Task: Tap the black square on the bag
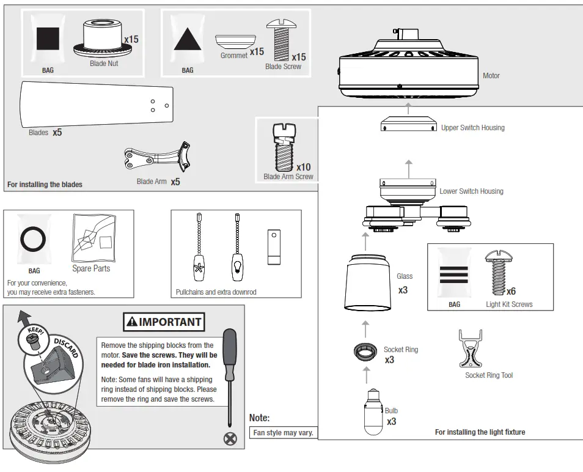click(48, 39)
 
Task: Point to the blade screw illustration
click(280, 40)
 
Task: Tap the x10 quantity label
click(303, 167)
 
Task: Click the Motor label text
click(491, 76)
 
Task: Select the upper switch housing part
click(408, 125)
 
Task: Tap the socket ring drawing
click(365, 353)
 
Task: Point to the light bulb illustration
click(373, 413)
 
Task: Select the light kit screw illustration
click(494, 273)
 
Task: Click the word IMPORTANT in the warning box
click(170, 322)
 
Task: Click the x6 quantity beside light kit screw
click(511, 291)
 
